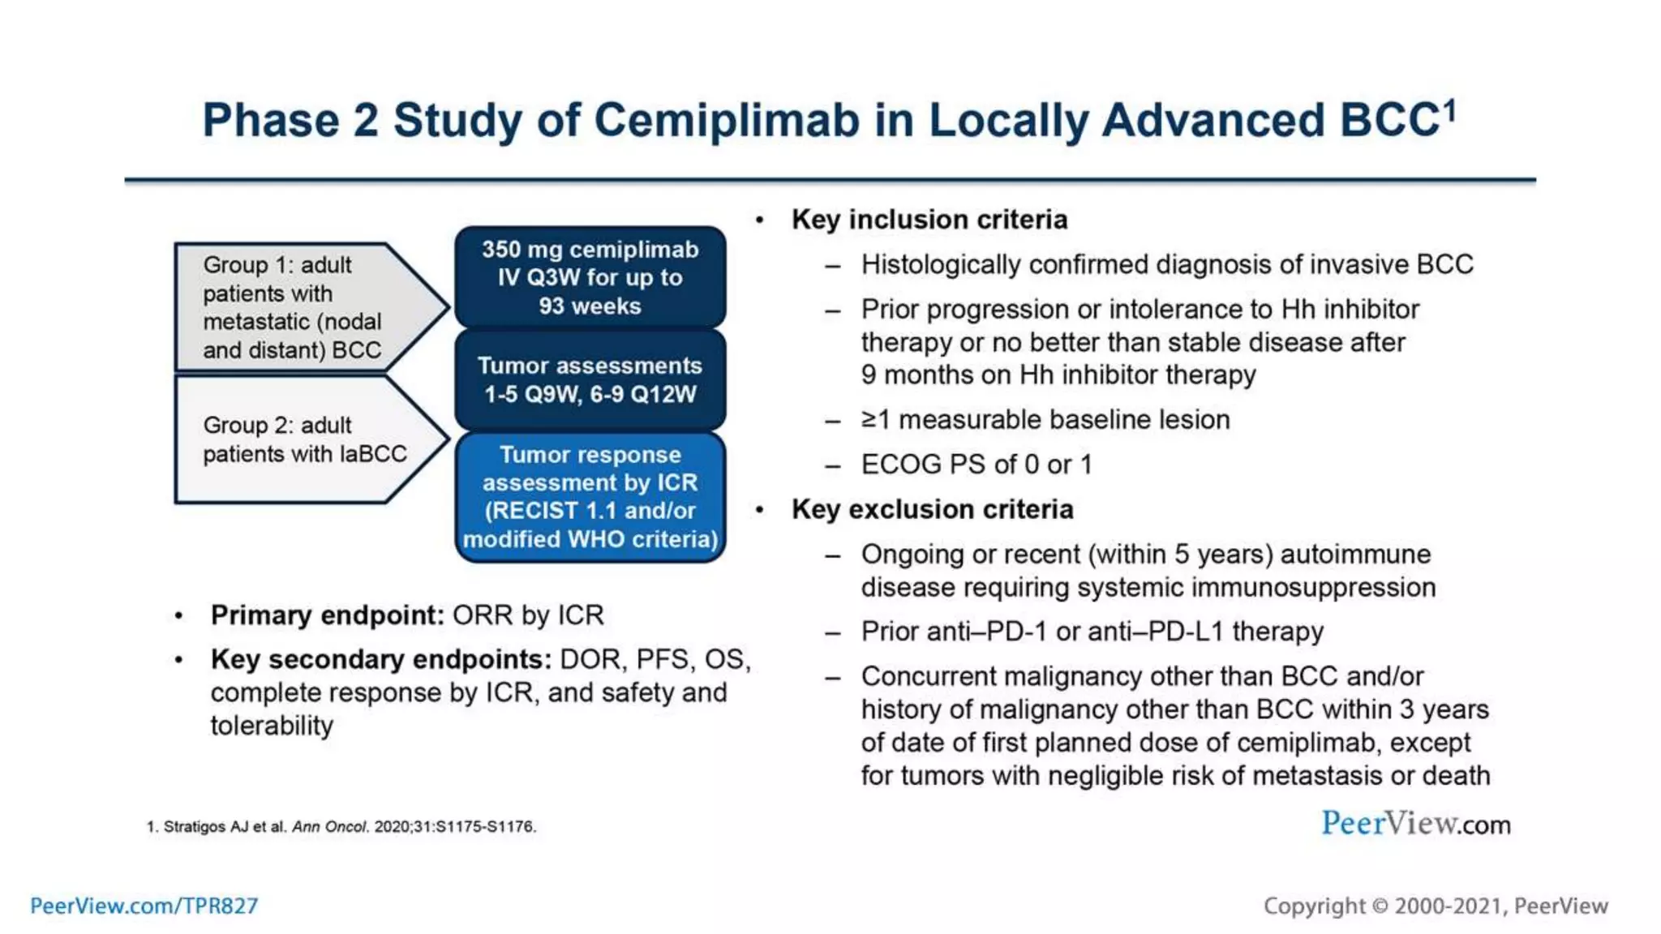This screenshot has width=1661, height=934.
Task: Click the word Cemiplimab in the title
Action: pyautogui.click(x=726, y=121)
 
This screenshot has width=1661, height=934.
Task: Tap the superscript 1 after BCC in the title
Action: pyautogui.click(x=1449, y=109)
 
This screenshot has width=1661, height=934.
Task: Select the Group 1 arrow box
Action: pyautogui.click(x=300, y=307)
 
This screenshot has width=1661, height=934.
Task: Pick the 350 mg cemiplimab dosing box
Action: pyautogui.click(x=590, y=277)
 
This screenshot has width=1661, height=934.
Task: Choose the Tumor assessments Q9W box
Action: pyautogui.click(x=590, y=379)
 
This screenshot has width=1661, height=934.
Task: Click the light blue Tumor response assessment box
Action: pyautogui.click(x=590, y=497)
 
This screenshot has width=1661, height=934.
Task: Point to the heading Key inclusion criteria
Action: pyautogui.click(x=929, y=220)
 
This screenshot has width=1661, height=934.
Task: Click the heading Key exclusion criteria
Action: pyautogui.click(x=932, y=509)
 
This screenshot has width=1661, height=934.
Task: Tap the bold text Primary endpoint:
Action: pyautogui.click(x=327, y=615)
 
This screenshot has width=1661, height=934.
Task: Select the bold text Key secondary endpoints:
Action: pyautogui.click(x=381, y=659)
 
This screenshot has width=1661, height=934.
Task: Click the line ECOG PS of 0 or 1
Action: pyautogui.click(x=976, y=465)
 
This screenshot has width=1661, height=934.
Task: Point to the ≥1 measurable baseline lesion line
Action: pyautogui.click(x=1045, y=420)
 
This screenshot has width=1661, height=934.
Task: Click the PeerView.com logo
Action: pyautogui.click(x=1415, y=824)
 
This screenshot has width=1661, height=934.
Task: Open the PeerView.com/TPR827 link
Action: pyautogui.click(x=144, y=906)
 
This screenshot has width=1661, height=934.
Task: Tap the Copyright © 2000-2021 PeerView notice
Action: pyautogui.click(x=1435, y=906)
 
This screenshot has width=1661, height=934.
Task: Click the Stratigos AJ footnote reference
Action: pyautogui.click(x=341, y=827)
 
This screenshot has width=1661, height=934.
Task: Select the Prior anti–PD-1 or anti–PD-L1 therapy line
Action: pyautogui.click(x=1092, y=632)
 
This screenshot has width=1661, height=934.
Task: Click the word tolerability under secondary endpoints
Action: pyautogui.click(x=272, y=726)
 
